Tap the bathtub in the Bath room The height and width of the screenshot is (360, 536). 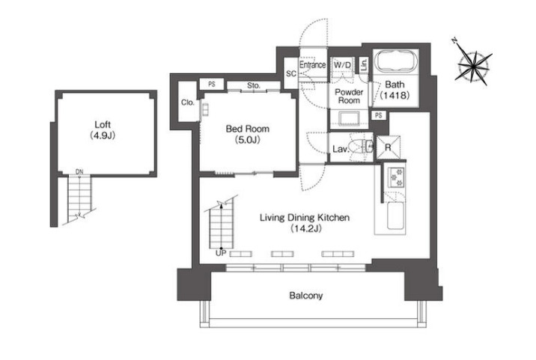tap(396, 64)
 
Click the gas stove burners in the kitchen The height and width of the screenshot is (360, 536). tap(396, 177)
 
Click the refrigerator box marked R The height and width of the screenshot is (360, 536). tap(388, 147)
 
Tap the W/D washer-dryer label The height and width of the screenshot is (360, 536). tap(342, 65)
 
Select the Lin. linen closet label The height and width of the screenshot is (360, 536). tap(364, 64)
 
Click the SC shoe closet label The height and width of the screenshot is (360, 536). tap(291, 73)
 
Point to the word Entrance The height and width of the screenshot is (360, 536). tap(312, 64)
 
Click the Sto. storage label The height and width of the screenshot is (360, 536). tap(254, 85)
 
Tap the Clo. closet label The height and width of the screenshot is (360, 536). tap(188, 103)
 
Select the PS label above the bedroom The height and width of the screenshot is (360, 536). tap(212, 84)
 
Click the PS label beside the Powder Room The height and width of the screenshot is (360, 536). tap(378, 115)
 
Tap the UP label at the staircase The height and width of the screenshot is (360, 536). tap(221, 253)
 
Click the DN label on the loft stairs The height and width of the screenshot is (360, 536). tap(79, 172)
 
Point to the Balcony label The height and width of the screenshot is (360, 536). tap(306, 296)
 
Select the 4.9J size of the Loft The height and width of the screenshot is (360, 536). tap(103, 135)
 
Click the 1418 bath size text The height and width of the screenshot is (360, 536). tap(395, 95)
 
